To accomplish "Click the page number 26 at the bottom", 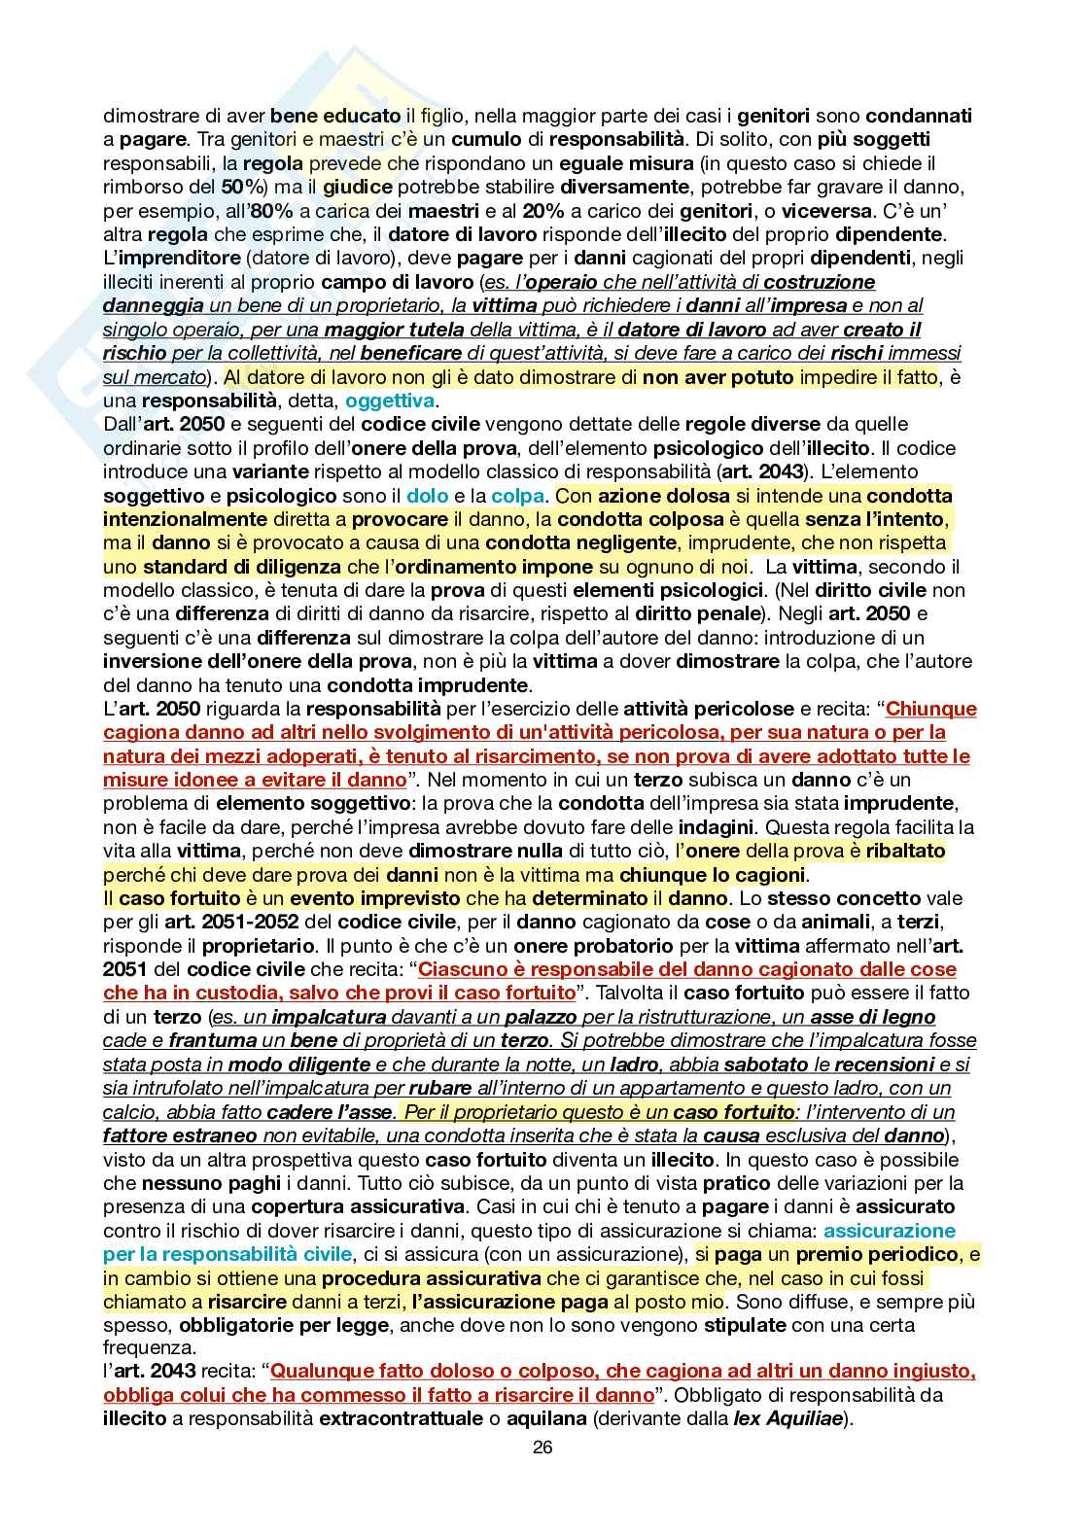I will coord(542,1447).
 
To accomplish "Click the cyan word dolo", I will coord(427,495).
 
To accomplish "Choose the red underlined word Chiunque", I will coord(930,709).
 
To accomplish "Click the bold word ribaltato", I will coord(906,851).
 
